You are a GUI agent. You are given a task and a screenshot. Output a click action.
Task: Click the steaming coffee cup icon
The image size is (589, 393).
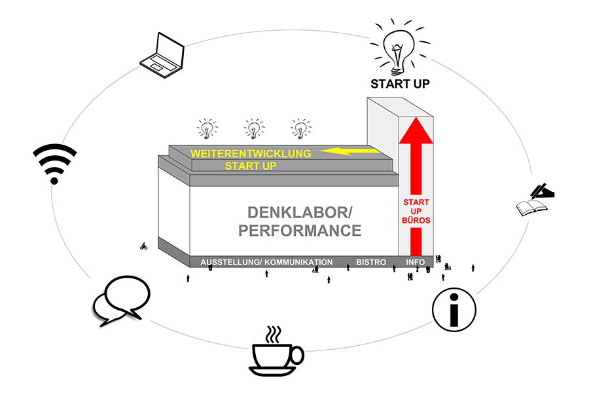[277, 351]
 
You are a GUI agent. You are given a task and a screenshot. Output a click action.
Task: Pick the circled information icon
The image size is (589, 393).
[454, 307]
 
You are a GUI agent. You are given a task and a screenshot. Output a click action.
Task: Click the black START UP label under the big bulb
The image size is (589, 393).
[400, 84]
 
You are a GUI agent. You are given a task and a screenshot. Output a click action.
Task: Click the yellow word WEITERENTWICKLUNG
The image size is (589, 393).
[249, 153]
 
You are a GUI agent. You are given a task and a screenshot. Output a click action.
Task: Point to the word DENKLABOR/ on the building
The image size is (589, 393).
[300, 213]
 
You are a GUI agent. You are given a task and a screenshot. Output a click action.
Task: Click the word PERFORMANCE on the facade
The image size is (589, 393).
[300, 231]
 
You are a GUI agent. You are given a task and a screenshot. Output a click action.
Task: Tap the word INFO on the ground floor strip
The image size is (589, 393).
[416, 262]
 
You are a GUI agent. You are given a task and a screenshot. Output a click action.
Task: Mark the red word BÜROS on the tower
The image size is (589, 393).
[416, 221]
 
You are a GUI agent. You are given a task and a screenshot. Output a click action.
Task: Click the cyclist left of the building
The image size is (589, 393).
[143, 247]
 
